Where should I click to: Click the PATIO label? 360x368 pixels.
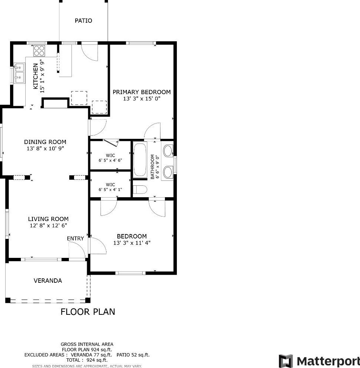(x=83, y=21)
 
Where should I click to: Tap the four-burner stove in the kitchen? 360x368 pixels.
(x=39, y=51)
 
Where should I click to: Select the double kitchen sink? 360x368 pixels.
(x=19, y=73)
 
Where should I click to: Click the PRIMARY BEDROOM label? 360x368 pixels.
(x=141, y=92)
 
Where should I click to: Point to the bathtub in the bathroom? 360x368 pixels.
(x=140, y=160)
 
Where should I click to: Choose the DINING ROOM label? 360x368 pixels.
(x=45, y=142)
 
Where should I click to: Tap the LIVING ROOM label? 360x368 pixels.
(x=48, y=219)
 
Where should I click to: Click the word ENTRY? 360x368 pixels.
(x=75, y=239)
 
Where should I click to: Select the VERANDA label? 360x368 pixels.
(x=48, y=281)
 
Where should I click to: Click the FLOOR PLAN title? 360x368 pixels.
(x=88, y=312)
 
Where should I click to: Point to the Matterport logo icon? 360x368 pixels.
(x=286, y=361)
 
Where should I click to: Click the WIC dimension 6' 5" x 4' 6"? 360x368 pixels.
(x=110, y=160)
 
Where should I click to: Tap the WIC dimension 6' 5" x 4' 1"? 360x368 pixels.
(x=110, y=189)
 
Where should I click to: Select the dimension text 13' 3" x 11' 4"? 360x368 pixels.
(x=132, y=243)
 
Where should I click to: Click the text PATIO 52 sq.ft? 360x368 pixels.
(x=133, y=355)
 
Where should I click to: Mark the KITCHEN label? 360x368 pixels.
(x=35, y=77)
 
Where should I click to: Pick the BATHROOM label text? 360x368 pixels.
(x=152, y=167)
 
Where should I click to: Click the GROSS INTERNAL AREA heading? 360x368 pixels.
(x=87, y=344)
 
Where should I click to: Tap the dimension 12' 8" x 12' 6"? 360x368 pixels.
(x=48, y=225)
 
